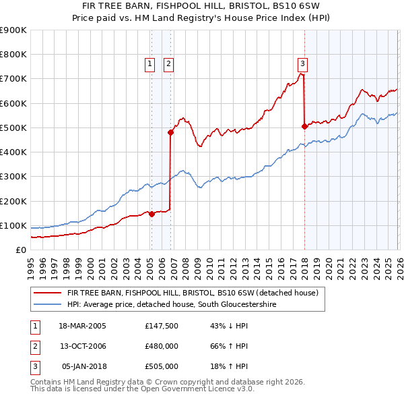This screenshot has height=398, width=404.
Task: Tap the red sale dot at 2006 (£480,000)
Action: pyautogui.click(x=171, y=133)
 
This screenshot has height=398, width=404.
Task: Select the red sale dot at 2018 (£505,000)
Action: pyautogui.click(x=304, y=125)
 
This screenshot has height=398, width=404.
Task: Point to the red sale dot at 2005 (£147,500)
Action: pyautogui.click(x=151, y=214)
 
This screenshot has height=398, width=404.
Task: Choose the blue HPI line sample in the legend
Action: pyautogui.click(x=48, y=305)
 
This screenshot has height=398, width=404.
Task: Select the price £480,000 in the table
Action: pyautogui.click(x=162, y=346)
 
